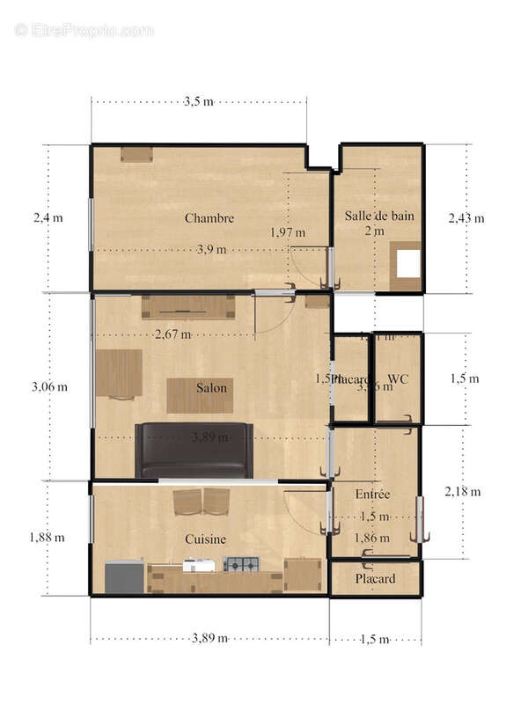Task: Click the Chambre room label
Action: point(209,218)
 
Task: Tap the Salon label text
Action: point(211,387)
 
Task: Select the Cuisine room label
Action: point(205,539)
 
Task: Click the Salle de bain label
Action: point(379,215)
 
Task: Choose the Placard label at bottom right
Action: point(375,579)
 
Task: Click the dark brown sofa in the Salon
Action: point(194,451)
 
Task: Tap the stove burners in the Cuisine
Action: point(241,564)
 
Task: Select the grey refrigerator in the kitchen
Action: point(123,576)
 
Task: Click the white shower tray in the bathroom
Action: point(408,263)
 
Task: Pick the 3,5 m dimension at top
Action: point(198,102)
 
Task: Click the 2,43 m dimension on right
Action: point(466,218)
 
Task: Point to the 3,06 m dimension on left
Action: point(49,386)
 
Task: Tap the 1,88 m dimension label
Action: point(46,538)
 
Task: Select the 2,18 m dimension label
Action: point(463,491)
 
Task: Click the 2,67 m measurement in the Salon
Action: point(172,334)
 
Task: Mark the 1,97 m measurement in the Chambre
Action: point(288,232)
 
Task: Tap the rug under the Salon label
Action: point(200,396)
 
